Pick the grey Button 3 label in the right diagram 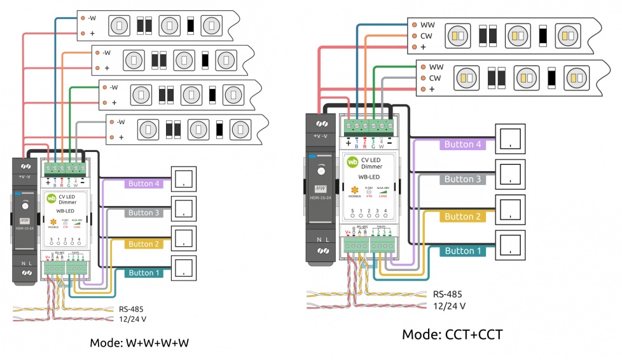tap(462, 179)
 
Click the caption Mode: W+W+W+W tap(139, 343)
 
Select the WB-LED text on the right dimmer tap(370, 177)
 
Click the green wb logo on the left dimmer tap(52, 198)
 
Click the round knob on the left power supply tap(24, 205)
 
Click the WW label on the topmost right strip tap(427, 25)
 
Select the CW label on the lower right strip tap(435, 78)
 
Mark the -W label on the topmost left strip tap(92, 18)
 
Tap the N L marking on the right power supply tap(321, 240)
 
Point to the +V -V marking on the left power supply tap(25, 176)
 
